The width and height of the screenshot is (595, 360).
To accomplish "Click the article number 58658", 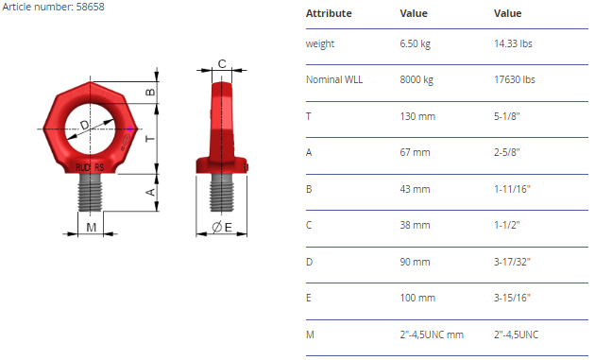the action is pos(91,7).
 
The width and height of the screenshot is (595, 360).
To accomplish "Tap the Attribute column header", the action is pos(329,13).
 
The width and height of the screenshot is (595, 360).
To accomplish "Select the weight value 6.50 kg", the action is pos(415,43).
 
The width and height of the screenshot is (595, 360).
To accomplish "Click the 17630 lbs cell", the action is pos(514,79).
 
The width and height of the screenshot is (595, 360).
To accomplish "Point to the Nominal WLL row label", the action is pos(334,79).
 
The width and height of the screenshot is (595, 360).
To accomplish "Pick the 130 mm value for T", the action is pos(417,116).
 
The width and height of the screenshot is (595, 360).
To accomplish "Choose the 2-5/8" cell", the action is pos(506,152).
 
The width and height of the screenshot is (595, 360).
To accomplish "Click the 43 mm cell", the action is pos(415,189).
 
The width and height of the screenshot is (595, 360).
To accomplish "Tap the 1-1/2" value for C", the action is pos(506,225).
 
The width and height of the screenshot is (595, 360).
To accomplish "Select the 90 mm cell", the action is pos(415,262).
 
